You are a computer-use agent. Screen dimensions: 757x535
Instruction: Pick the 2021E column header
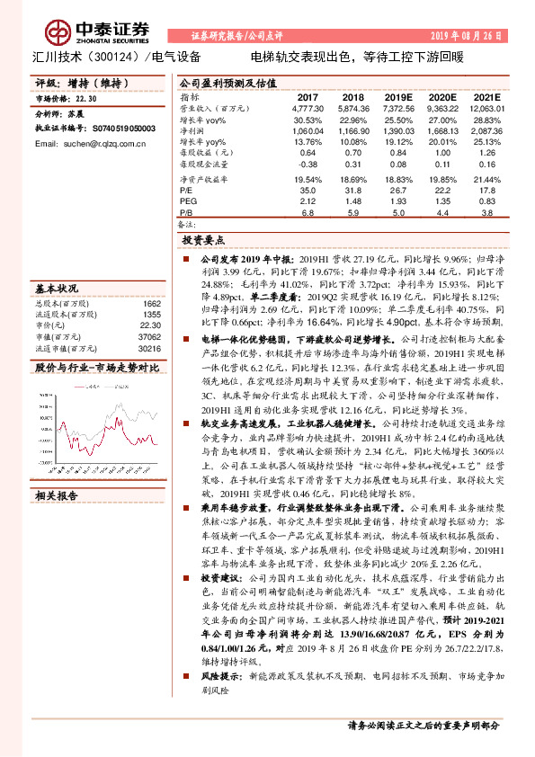(x=486, y=96)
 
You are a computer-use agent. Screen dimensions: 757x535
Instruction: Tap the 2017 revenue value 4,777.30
(x=308, y=108)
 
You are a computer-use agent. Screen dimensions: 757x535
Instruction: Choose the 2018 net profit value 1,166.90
(x=352, y=130)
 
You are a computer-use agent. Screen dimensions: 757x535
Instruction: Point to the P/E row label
(x=186, y=191)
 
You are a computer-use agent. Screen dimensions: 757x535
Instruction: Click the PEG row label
(x=188, y=201)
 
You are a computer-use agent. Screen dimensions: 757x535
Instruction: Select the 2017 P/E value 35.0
(x=308, y=191)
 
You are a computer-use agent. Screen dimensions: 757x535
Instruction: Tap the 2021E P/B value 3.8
(x=486, y=213)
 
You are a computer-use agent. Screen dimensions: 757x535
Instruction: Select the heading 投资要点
(x=203, y=242)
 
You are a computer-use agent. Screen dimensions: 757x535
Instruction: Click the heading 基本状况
(x=56, y=290)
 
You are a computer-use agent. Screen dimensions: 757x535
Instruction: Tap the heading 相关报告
(x=56, y=494)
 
